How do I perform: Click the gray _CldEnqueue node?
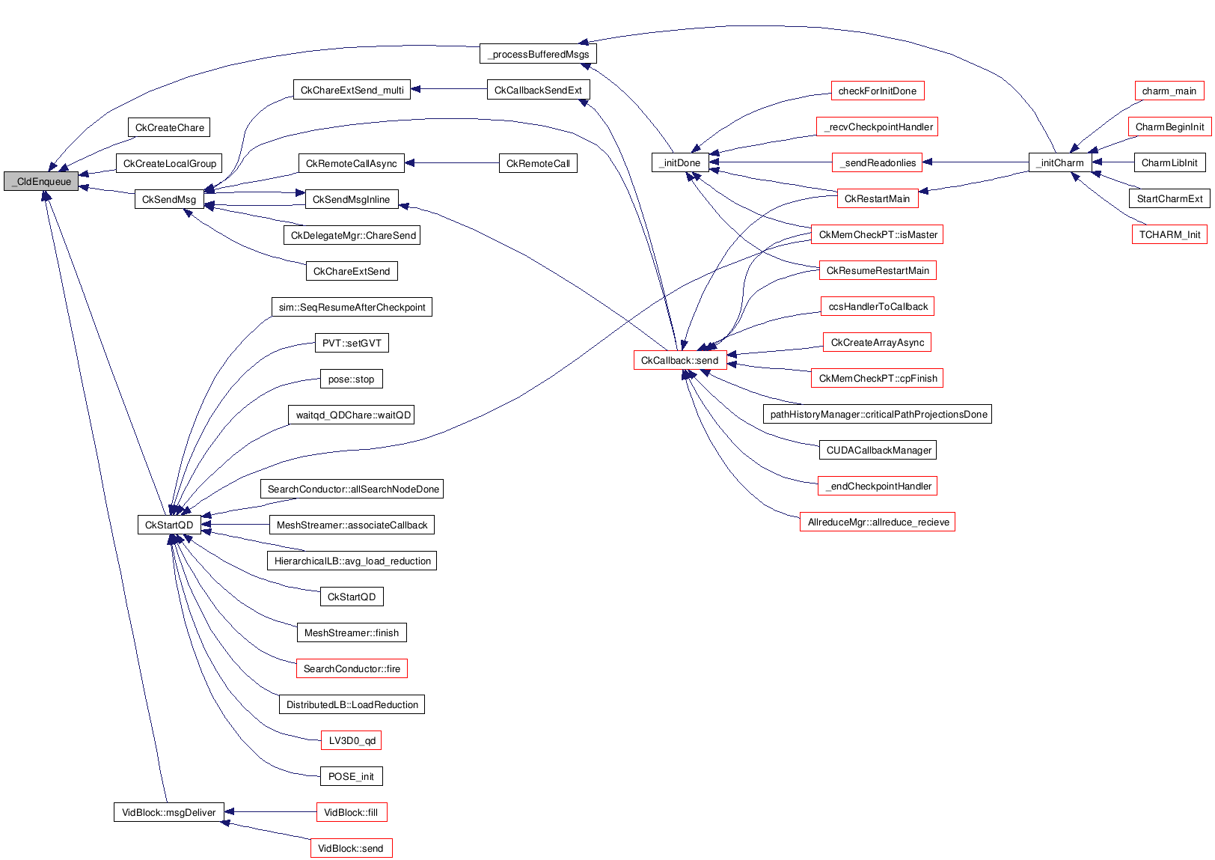tap(41, 181)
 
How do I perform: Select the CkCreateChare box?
tap(169, 127)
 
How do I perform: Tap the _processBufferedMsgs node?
tap(538, 54)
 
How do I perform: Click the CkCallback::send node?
tap(679, 360)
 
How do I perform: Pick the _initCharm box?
tap(1061, 162)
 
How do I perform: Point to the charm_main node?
tap(1169, 91)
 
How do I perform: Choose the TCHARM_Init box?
tap(1169, 234)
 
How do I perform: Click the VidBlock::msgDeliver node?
tap(168, 812)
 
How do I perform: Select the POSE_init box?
tap(351, 776)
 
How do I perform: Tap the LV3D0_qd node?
tap(352, 740)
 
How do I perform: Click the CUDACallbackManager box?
tap(878, 450)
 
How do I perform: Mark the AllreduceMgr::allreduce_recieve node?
tap(878, 522)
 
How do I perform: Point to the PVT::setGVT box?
tap(352, 343)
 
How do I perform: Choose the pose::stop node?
tap(351, 379)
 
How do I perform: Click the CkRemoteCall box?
tap(537, 163)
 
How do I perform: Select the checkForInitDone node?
tap(877, 91)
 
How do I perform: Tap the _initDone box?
tap(679, 162)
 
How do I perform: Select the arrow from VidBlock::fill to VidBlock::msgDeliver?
tap(270, 811)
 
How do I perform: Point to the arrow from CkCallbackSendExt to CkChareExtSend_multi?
tap(449, 89)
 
